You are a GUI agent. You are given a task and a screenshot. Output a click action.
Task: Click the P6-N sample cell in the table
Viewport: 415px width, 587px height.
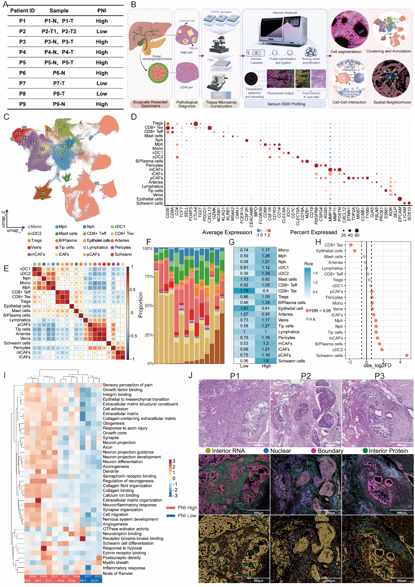point(59,73)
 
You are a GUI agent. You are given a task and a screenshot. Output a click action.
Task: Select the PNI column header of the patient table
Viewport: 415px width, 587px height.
point(102,10)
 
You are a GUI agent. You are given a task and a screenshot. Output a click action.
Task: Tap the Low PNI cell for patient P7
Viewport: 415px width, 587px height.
point(102,83)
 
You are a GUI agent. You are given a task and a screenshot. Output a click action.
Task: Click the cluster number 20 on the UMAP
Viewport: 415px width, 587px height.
point(43,194)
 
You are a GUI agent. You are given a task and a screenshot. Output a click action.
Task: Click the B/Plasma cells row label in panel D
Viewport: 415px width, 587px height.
point(149,161)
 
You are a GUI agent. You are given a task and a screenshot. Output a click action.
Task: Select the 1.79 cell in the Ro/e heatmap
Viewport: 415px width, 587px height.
point(244,291)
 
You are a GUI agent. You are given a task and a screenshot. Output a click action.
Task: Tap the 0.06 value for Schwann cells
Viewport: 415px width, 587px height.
point(244,361)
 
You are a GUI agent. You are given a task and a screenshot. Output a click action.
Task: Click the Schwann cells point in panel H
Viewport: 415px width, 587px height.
point(406,355)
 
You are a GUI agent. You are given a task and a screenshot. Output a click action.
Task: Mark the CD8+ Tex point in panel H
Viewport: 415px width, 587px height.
point(351,245)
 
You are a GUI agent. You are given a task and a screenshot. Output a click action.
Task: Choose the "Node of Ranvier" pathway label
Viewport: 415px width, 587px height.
point(118,573)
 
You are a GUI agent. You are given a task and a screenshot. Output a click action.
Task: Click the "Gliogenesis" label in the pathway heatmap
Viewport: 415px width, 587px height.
point(113,423)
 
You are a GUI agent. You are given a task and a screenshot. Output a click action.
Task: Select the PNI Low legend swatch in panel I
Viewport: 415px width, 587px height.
point(171,516)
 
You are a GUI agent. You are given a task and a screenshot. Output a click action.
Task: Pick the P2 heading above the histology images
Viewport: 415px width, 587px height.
point(305,376)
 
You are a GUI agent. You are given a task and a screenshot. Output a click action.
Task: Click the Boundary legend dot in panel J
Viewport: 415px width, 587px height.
point(313,451)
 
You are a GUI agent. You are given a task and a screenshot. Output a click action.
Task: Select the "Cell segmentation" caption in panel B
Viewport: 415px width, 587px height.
point(346,51)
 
